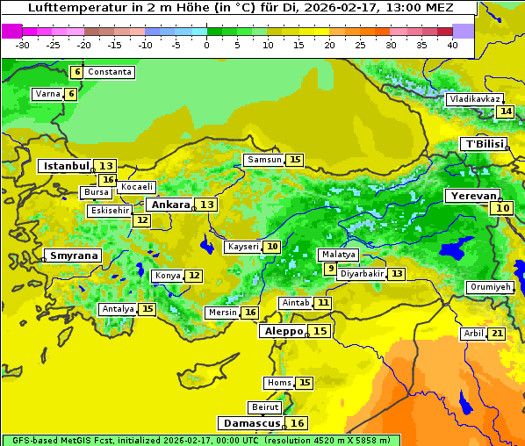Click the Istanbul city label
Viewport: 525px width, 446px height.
[67, 166]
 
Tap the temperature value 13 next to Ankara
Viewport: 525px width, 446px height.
[206, 205]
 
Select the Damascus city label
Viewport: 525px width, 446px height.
[252, 423]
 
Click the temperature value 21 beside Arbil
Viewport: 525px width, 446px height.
[497, 334]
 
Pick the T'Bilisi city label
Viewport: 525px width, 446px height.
[485, 144]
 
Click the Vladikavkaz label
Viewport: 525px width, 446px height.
[474, 99]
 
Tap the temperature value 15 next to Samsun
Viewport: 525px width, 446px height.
[295, 160]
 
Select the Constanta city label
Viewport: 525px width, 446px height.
[110, 71]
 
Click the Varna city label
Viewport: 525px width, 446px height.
[47, 94]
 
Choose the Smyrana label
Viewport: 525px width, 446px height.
[74, 255]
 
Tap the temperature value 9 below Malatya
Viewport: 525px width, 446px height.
[329, 269]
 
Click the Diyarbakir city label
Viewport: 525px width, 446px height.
[362, 274]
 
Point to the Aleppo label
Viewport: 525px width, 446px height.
[283, 331]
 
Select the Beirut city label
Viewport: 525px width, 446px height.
[264, 407]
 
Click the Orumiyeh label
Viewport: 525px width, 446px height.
[489, 287]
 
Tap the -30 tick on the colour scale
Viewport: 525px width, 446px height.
[23, 45]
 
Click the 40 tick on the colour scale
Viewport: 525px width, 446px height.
[452, 45]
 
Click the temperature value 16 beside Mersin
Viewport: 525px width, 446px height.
[250, 313]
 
